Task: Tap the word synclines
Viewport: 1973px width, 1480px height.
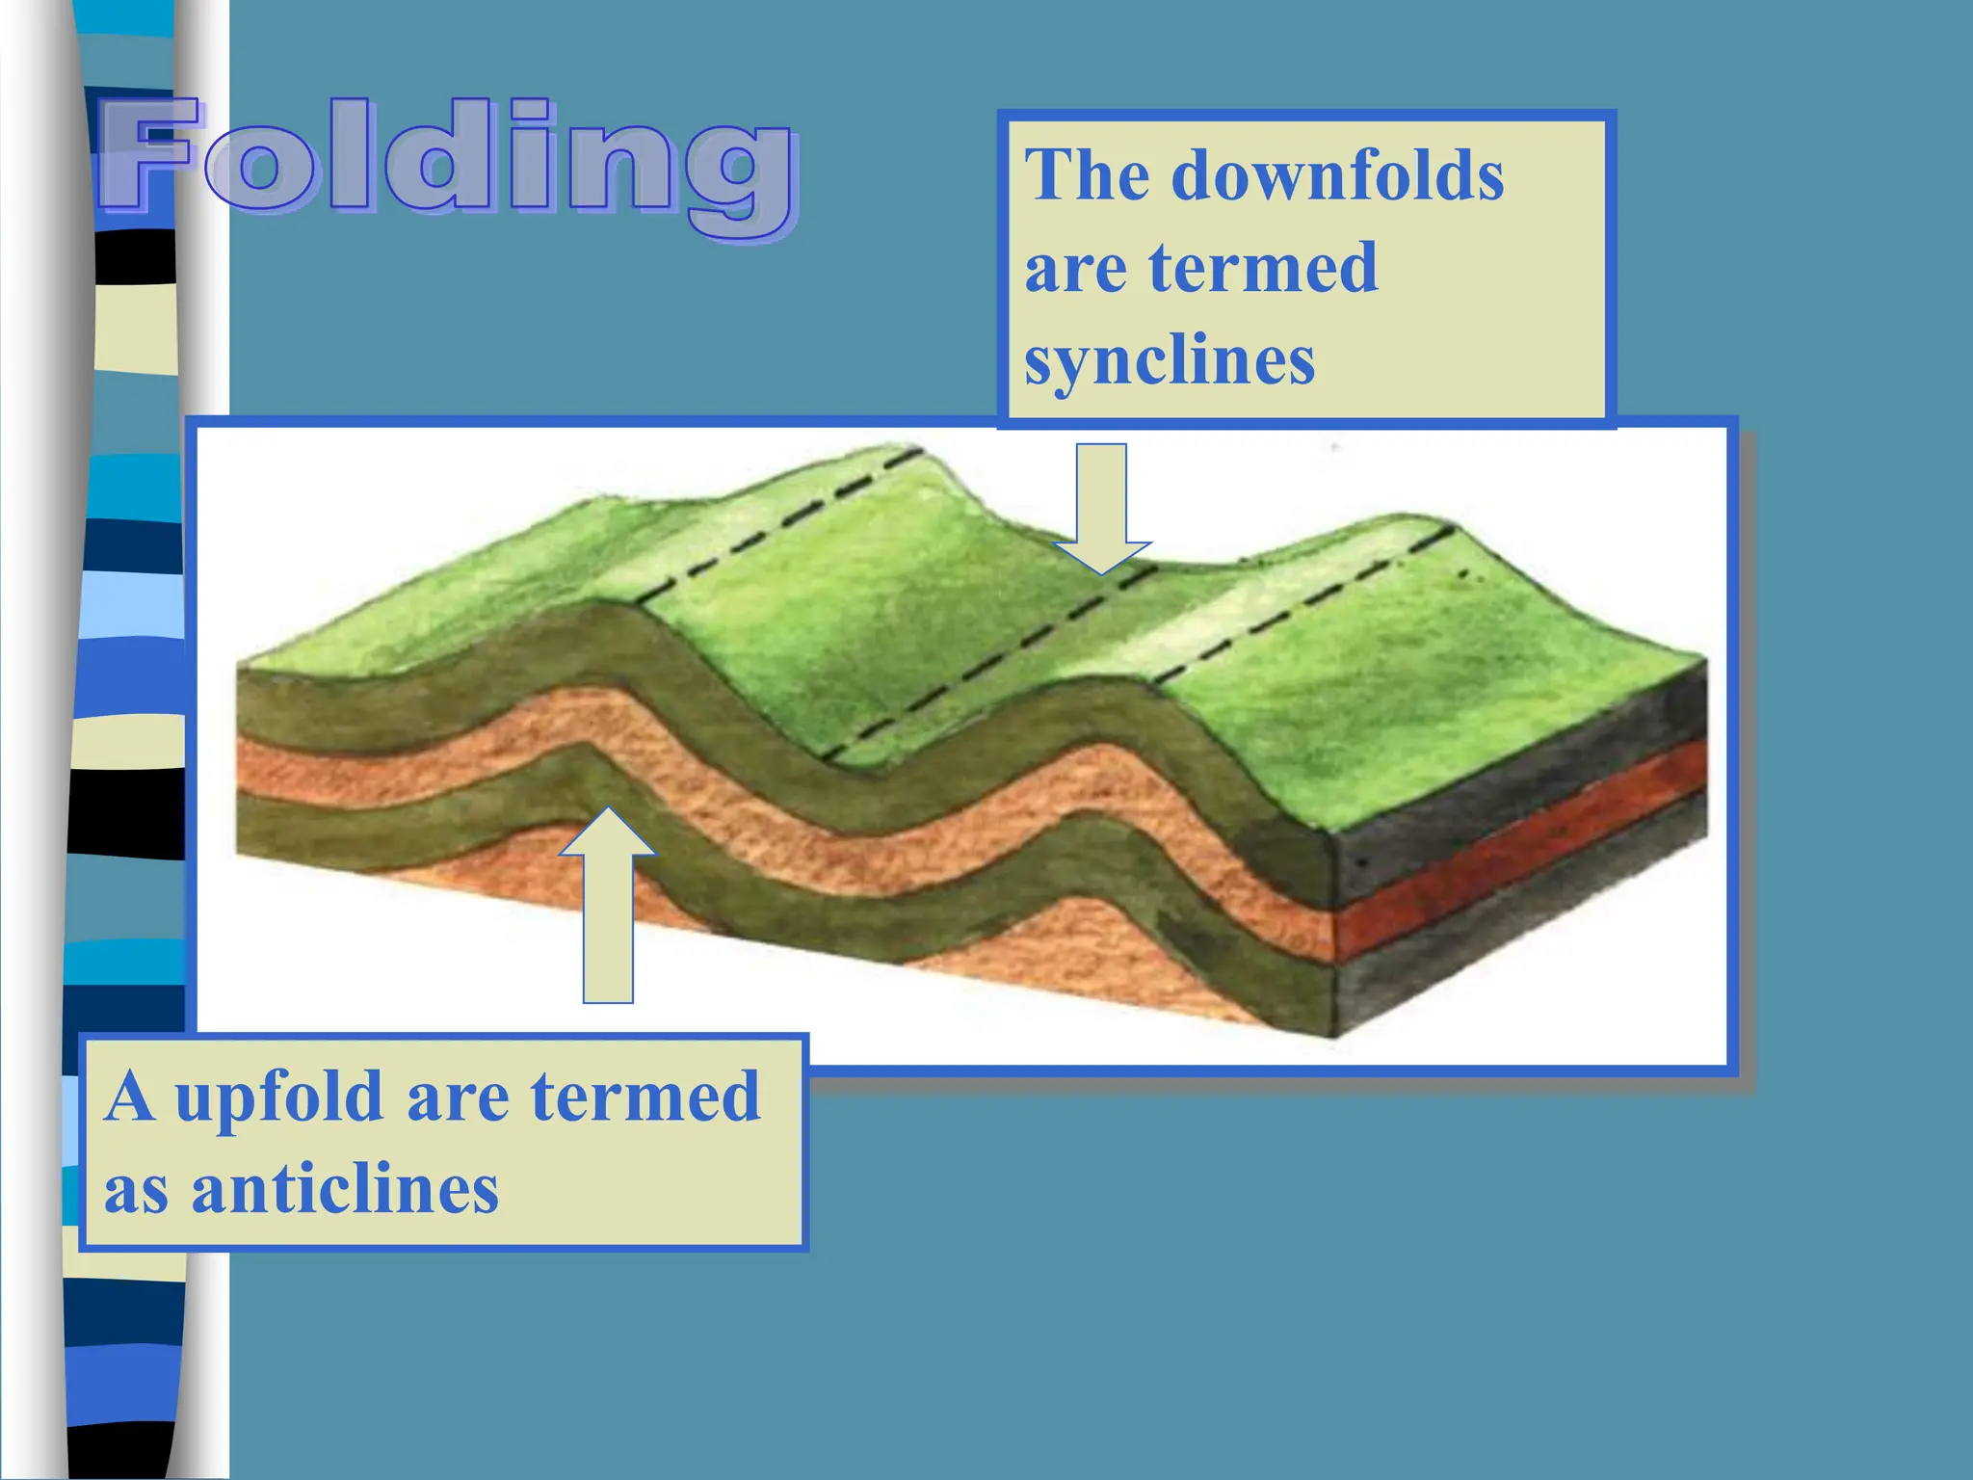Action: click(1169, 361)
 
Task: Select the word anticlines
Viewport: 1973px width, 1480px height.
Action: click(345, 1189)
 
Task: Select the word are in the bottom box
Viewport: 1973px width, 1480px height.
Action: click(458, 1098)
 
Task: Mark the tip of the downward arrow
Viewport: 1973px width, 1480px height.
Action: click(1101, 573)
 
